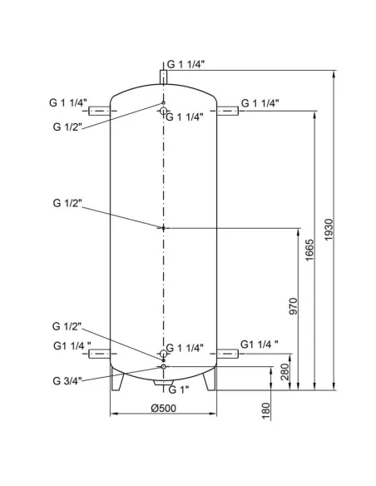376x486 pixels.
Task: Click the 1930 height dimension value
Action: [x=329, y=230]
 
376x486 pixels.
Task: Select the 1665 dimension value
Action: [x=309, y=249]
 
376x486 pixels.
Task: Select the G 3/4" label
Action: [x=66, y=381]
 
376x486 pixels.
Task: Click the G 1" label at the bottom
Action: [x=179, y=389]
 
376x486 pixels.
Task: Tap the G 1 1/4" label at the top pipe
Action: [x=186, y=63]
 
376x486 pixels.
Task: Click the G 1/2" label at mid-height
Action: [x=67, y=202]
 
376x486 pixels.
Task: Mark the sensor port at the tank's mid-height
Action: [x=164, y=226]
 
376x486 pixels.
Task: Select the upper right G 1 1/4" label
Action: [x=260, y=103]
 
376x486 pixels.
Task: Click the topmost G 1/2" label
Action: [x=67, y=126]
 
